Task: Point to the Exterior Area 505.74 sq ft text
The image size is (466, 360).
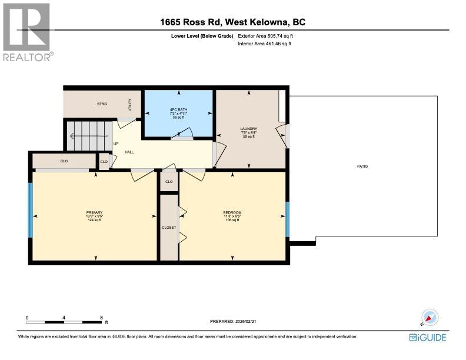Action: point(265,36)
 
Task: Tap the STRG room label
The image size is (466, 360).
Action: point(102,104)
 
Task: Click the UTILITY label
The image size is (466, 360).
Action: point(130,105)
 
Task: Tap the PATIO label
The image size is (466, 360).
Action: point(362,166)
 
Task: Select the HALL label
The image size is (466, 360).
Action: point(129,152)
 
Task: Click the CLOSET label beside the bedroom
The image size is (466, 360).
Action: point(169,227)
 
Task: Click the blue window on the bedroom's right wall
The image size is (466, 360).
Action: point(287,219)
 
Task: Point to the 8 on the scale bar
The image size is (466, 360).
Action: point(101,317)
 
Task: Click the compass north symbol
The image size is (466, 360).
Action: point(430,318)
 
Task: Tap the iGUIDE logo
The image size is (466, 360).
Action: point(428,338)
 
